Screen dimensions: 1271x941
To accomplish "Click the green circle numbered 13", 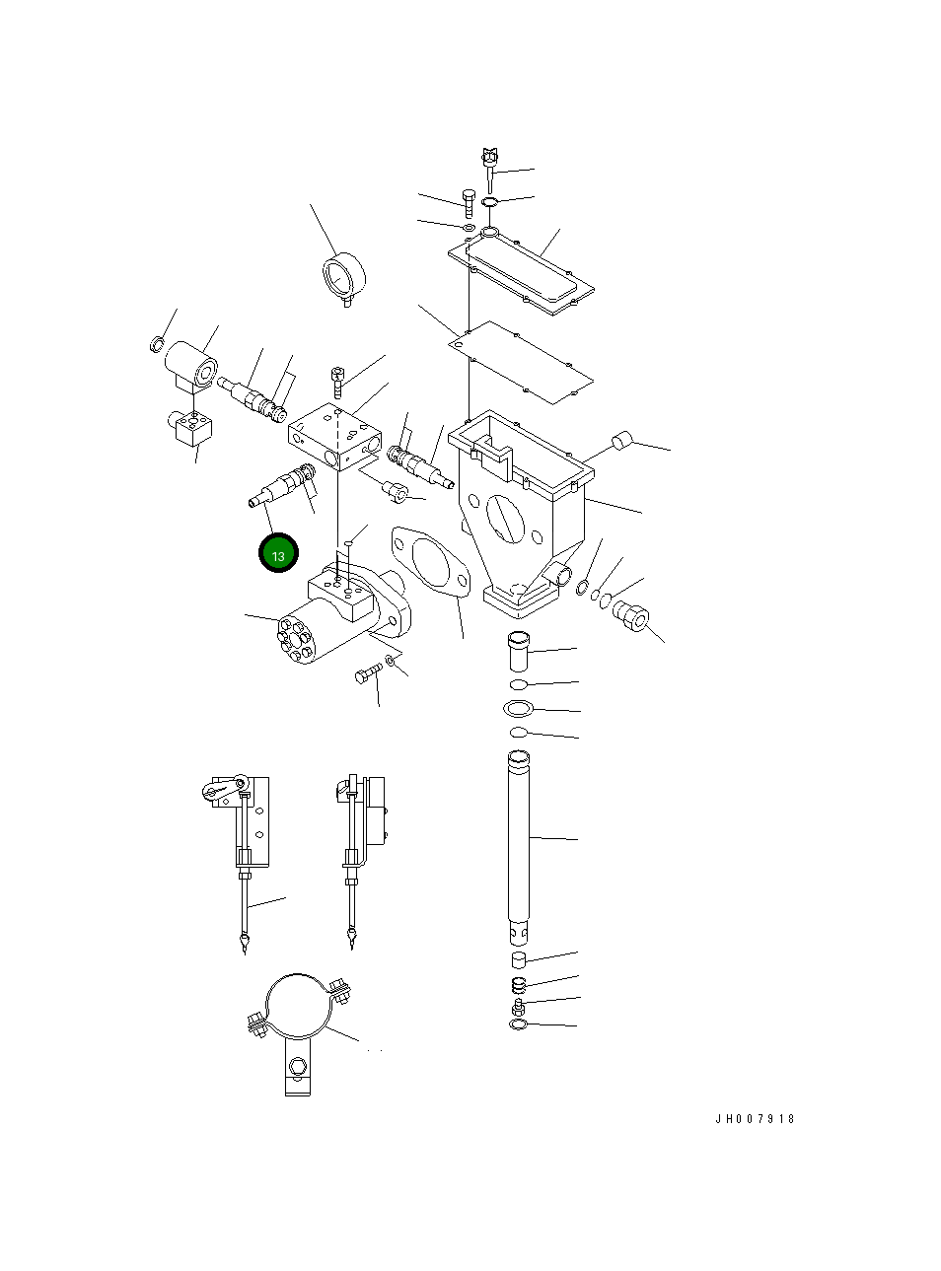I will tap(278, 554).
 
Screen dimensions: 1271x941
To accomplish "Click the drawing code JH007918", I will tap(755, 1119).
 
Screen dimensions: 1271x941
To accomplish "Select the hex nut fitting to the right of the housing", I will tap(630, 617).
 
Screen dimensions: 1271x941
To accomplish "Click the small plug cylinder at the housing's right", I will tap(621, 441).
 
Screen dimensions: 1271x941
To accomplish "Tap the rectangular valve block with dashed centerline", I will tap(333, 434).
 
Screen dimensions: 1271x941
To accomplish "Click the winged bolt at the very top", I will tap(489, 158).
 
